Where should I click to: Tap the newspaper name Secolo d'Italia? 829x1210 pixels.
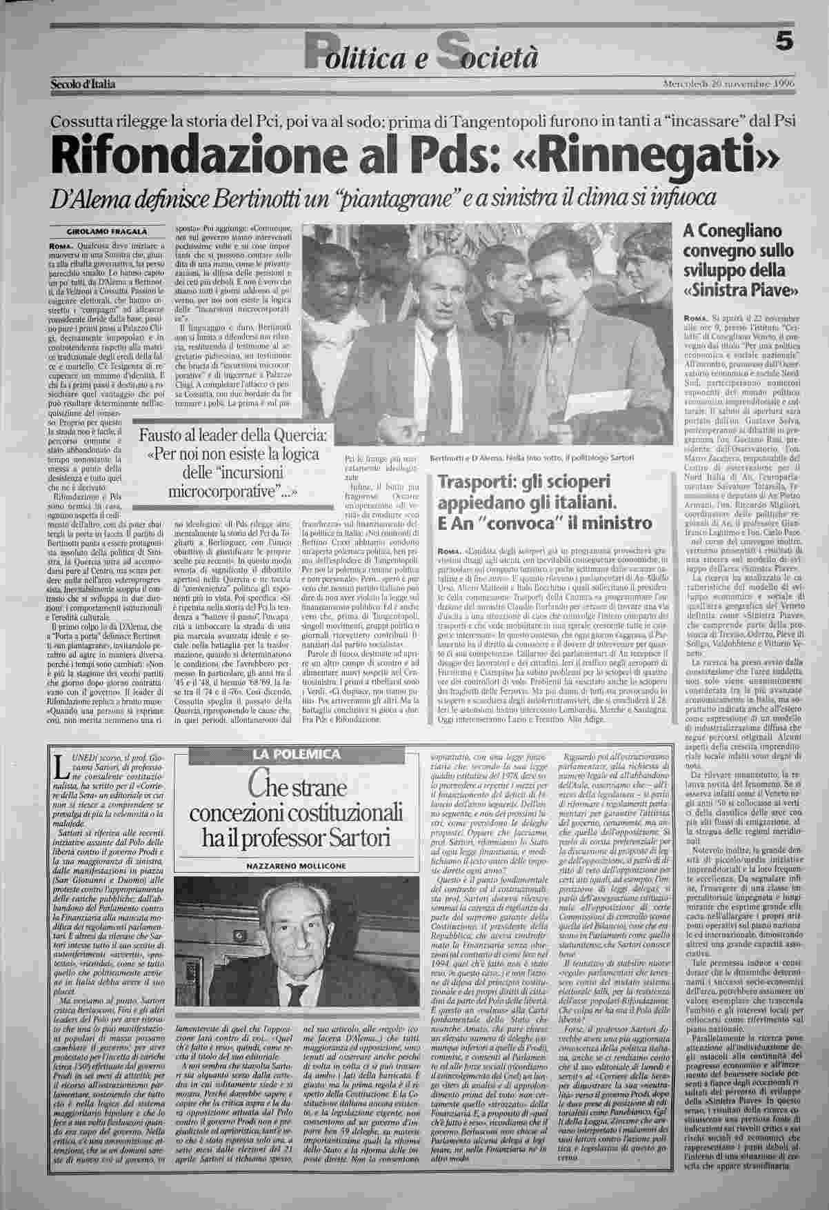(83, 84)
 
